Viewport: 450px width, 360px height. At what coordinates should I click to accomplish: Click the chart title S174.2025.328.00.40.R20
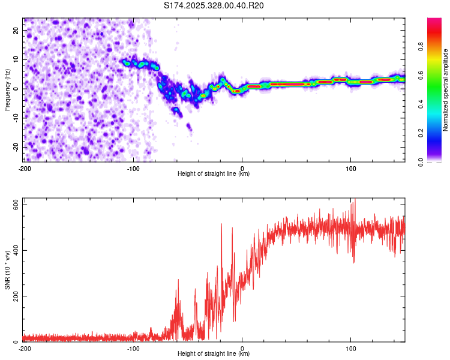tap(214, 5)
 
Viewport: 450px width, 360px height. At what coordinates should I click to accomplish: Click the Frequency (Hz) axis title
tap(7, 89)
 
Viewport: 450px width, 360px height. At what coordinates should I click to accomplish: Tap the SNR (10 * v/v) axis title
tap(7, 269)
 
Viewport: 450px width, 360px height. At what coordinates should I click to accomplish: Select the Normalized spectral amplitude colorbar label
tap(446, 90)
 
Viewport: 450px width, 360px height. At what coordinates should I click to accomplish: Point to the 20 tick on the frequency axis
tap(16, 30)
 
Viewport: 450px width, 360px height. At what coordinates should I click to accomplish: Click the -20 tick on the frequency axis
tap(15, 147)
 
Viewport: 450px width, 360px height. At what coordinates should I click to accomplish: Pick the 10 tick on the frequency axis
tap(16, 59)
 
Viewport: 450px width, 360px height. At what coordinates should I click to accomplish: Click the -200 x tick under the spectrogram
tap(25, 167)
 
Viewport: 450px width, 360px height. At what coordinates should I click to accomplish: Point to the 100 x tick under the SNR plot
tap(351, 348)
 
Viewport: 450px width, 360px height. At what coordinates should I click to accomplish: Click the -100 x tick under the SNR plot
tap(133, 348)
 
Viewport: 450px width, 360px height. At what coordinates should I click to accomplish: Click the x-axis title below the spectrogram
tap(214, 174)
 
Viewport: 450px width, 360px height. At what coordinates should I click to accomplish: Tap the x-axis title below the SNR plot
tap(214, 354)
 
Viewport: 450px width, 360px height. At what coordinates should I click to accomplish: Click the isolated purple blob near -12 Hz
tap(189, 127)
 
